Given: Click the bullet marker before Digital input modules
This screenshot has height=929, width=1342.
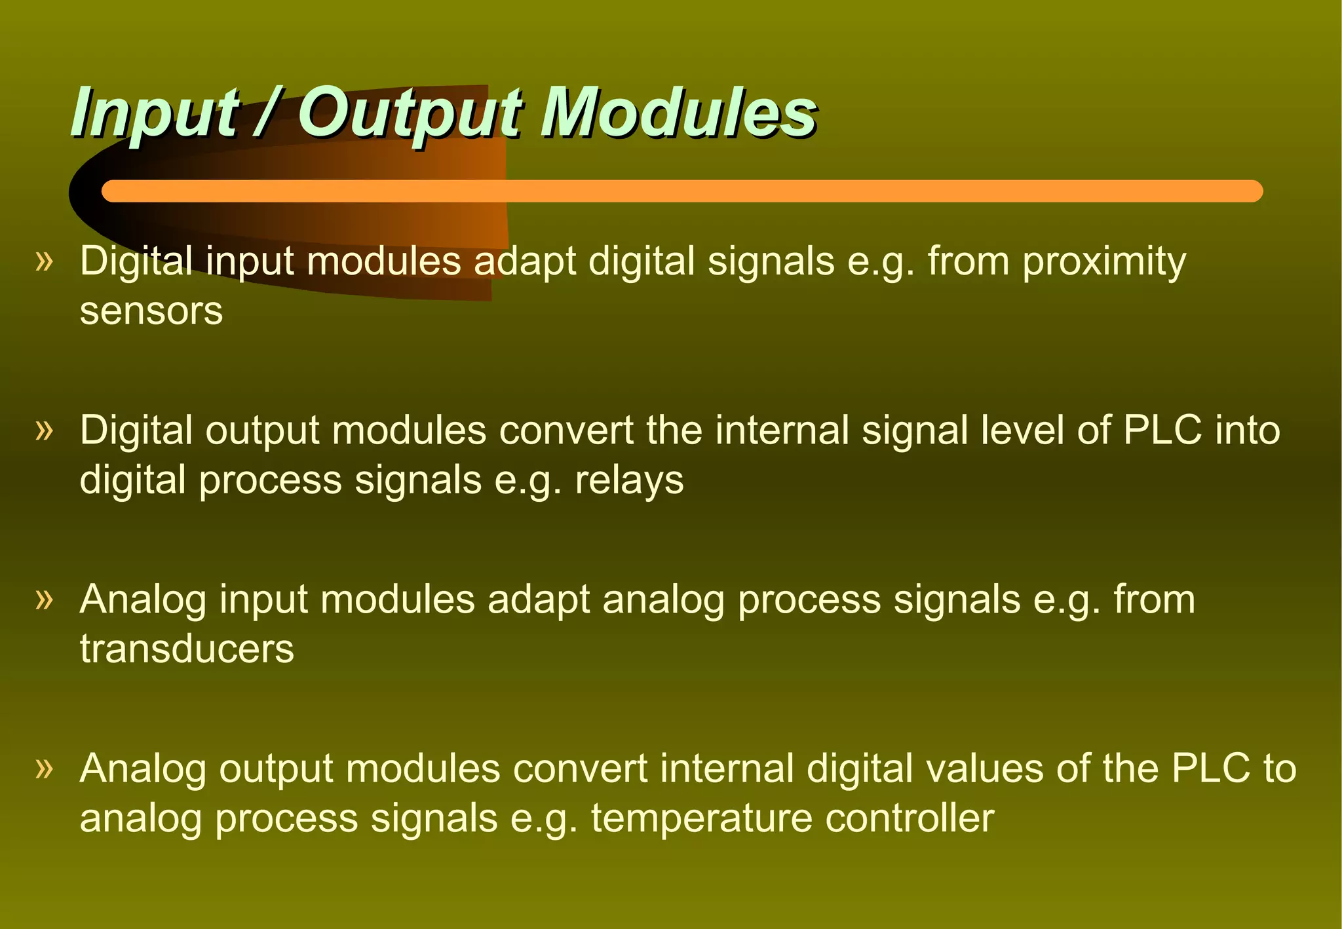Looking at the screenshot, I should tap(44, 261).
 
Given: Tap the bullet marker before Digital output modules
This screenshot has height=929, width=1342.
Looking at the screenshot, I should tap(44, 430).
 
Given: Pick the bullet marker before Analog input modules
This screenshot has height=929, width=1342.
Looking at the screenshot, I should tap(44, 599).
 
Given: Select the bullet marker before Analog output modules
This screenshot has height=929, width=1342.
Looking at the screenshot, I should tap(44, 768).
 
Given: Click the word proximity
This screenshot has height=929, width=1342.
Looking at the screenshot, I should tap(1104, 261).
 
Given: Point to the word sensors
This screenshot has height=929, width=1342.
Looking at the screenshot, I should tap(151, 311).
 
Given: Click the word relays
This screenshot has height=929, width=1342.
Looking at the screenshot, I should tap(629, 480).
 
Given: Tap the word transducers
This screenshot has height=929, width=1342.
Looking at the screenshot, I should tap(187, 649).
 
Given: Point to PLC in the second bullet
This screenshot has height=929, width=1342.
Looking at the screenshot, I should tap(1162, 430).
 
